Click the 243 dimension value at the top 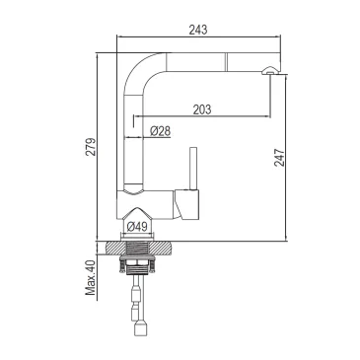point(198,30)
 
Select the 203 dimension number point(201,108)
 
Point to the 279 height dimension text point(92,147)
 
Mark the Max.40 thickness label point(91,277)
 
